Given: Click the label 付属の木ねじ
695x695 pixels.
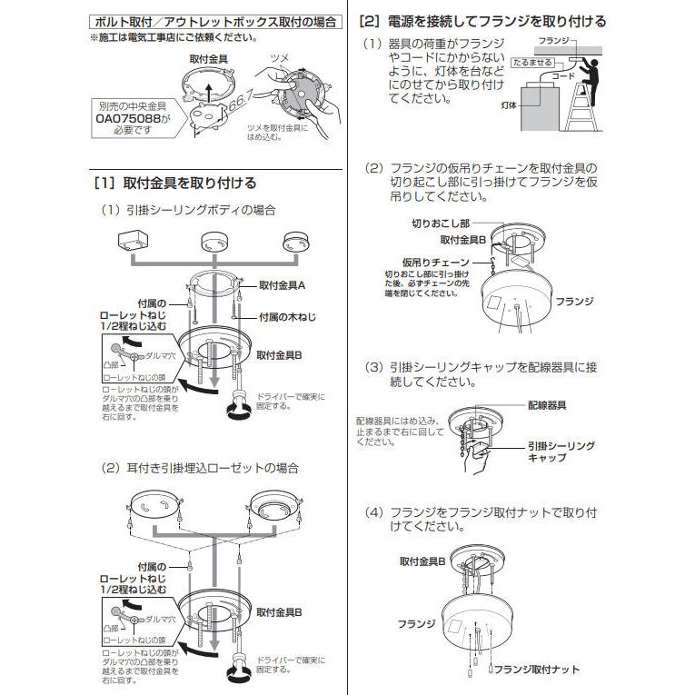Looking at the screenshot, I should (288, 317).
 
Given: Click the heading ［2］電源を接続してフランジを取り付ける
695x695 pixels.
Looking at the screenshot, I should (482, 21).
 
